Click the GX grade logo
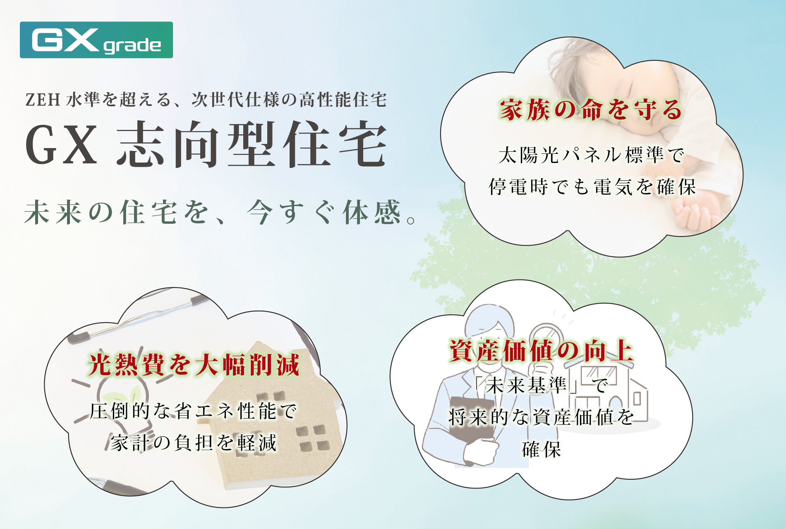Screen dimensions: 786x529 pos(96,40)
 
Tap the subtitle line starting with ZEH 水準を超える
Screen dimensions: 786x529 pos(206,100)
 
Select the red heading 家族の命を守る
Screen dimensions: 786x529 pos(591,110)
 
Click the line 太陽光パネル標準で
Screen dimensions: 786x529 pos(592,155)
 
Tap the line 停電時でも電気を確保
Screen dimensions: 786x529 pos(592,187)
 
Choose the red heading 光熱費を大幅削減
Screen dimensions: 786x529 pos(194,365)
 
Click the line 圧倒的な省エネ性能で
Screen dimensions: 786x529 pos(194,411)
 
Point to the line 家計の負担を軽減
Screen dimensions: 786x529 pos(194,443)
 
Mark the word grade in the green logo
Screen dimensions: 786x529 pos(132,45)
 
